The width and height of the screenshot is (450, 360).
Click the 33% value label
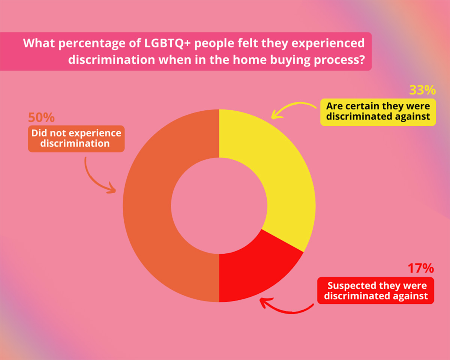(x=422, y=90)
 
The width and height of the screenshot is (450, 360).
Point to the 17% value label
(x=420, y=268)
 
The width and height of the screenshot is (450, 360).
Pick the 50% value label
(x=41, y=118)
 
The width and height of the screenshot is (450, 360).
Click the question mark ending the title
(x=360, y=60)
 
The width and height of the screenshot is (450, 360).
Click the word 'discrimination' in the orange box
(x=76, y=143)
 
